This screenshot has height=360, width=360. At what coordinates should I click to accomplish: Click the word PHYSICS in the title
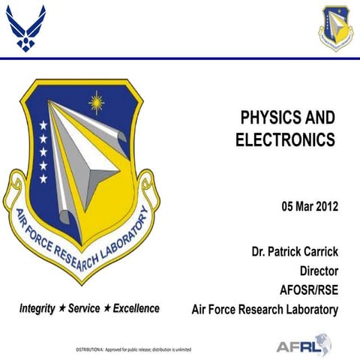(x=264, y=118)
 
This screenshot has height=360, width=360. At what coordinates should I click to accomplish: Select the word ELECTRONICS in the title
(x=284, y=139)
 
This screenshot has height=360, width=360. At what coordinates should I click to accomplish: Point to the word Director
(x=319, y=271)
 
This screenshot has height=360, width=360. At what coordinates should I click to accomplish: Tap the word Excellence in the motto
(x=136, y=308)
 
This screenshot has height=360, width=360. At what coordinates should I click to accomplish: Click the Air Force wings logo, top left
(x=25, y=28)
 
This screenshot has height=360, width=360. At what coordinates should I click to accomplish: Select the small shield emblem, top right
(x=334, y=27)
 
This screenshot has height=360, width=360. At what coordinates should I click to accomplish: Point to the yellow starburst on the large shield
(x=95, y=101)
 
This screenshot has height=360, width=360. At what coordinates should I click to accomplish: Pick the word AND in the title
(x=319, y=118)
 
